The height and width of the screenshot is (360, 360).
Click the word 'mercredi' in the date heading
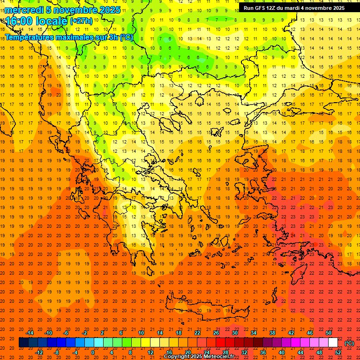(24, 10)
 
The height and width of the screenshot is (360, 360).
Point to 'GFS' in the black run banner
(260, 8)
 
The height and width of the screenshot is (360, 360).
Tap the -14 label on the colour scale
(30, 333)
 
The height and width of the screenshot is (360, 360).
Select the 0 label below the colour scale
(93, 352)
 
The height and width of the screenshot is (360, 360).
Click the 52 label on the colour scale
(338, 352)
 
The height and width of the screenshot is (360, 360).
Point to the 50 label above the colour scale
(329, 333)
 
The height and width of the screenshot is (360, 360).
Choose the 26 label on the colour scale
(216, 333)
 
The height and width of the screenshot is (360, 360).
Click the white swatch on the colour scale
(333, 343)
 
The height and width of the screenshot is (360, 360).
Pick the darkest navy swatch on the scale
(23, 343)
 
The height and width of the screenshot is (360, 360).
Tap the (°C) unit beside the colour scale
(349, 343)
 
